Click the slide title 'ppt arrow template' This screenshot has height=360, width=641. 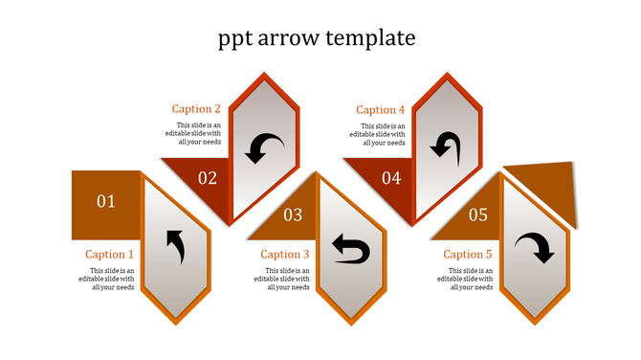coord(317,38)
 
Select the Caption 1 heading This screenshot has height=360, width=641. coord(110,255)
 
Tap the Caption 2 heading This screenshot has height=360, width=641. coord(196,109)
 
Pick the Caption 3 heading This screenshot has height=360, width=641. coord(285,255)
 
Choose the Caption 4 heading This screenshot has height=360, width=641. coord(381,110)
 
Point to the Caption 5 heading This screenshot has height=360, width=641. coord(468,255)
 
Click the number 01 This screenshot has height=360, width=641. coord(106,201)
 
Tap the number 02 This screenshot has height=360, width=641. coord(208,177)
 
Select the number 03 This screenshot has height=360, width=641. coord(293,215)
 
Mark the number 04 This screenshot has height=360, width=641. coord(391,177)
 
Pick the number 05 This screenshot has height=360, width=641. coord(478,215)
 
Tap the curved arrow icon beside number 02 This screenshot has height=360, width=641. coord(262,148)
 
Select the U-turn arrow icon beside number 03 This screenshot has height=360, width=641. coord(350,250)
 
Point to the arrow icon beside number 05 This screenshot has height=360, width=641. coord(534,249)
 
